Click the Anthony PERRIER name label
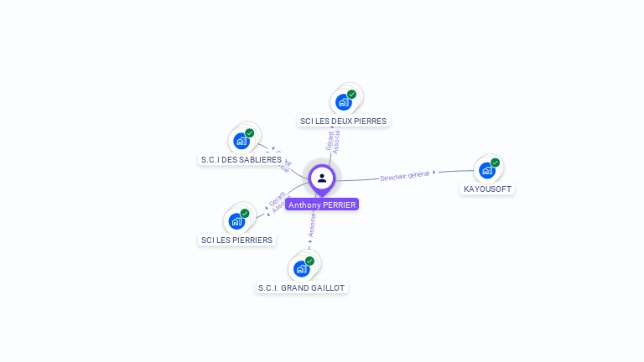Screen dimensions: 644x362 [322, 204]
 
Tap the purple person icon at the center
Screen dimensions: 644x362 [322, 178]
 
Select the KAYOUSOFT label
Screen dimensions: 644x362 [487, 189]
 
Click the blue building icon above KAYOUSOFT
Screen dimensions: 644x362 [486, 171]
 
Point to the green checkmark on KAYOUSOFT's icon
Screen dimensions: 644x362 [496, 163]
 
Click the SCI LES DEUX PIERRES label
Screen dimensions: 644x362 [343, 121]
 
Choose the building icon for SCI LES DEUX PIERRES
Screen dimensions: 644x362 [343, 102]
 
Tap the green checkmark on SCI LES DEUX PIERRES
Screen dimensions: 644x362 [352, 94]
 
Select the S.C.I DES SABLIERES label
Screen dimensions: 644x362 [241, 159]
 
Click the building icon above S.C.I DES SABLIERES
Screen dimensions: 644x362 [241, 141]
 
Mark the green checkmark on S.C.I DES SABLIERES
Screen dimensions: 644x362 [250, 132]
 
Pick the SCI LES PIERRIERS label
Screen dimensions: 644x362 [236, 240]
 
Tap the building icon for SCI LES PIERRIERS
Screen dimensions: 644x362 [236, 221]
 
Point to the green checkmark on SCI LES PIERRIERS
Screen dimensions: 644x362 [245, 213]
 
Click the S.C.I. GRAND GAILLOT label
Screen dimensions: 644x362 [301, 287]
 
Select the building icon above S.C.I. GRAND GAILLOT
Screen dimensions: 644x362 [300, 269]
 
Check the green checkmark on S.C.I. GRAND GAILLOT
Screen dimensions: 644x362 [309, 261]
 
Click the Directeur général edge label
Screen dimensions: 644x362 [405, 176]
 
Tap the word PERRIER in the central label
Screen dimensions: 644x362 [340, 204]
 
